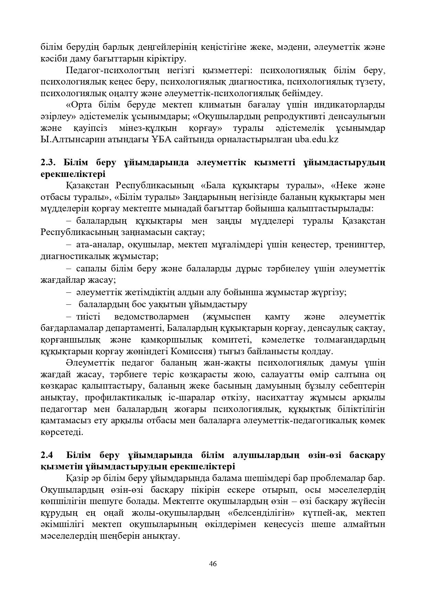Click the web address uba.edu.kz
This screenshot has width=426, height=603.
coord(316,140)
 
